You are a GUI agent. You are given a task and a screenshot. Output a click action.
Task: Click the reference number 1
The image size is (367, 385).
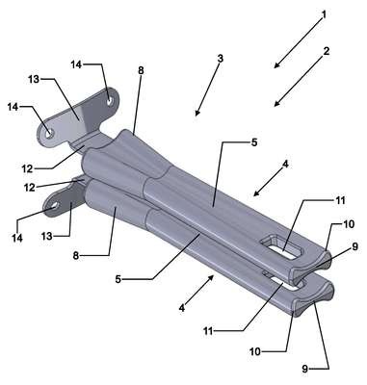coord(324,14)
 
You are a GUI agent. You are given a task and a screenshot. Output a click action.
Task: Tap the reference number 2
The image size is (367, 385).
coord(327,51)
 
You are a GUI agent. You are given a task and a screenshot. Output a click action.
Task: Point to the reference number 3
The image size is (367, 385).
coord(220,59)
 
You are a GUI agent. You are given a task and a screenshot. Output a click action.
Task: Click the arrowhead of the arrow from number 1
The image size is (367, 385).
coord(277,65)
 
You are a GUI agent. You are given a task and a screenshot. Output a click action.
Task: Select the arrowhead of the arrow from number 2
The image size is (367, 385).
coord(277,103)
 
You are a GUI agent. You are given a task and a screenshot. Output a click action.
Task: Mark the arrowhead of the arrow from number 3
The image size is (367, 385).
coord(197,113)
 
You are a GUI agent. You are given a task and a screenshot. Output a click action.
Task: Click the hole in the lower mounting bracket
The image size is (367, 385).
coord(55,206)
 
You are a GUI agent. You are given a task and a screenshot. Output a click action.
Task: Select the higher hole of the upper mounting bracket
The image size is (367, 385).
coord(110,101)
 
